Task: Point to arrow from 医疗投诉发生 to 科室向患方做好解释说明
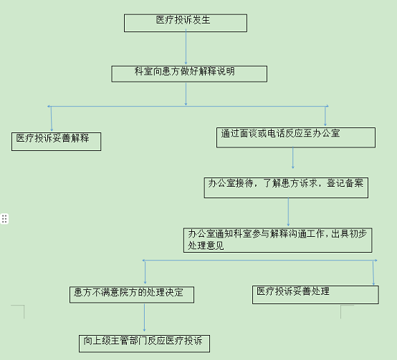tap(186, 47)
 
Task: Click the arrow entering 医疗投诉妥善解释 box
tap(52, 119)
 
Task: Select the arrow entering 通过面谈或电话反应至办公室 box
tap(325, 116)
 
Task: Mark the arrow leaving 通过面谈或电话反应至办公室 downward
tap(293, 157)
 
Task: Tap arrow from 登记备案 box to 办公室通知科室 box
tap(288, 212)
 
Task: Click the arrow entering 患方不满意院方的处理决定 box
tap(145, 272)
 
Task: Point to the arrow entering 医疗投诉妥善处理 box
tap(373, 273)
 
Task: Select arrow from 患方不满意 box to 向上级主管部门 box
tap(144, 317)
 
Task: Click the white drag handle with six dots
tap(4, 219)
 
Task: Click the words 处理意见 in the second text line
tap(206, 245)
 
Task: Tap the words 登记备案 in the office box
tap(345, 183)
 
